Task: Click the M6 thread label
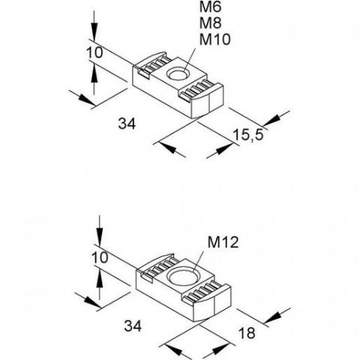click(x=210, y=7)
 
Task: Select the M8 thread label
click(x=210, y=23)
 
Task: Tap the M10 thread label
click(x=214, y=40)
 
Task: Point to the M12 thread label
click(x=223, y=242)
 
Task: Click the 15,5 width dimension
click(x=248, y=135)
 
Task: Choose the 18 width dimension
click(x=247, y=333)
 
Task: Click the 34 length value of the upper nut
click(x=127, y=124)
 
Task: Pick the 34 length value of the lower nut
click(x=133, y=326)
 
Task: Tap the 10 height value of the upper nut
click(x=94, y=53)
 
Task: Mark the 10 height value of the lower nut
click(x=100, y=257)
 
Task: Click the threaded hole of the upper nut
click(x=178, y=74)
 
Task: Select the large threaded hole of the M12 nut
click(x=182, y=277)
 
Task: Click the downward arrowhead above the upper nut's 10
click(x=94, y=31)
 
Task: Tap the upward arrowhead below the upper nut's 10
click(x=94, y=74)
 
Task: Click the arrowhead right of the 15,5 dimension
click(x=271, y=121)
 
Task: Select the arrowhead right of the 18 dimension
click(x=272, y=317)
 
